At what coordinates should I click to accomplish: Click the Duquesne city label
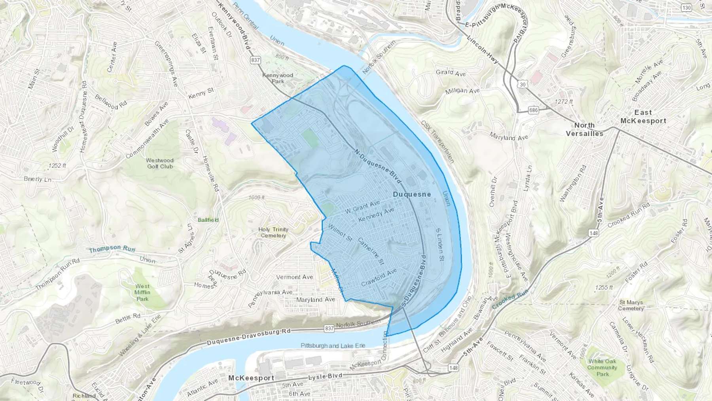[412, 194]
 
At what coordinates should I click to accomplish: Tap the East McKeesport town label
[643, 117]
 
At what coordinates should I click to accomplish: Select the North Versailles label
[584, 129]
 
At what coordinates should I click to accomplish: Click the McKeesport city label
[251, 378]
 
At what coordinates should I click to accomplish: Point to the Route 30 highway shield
[523, 84]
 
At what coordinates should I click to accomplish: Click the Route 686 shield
[533, 110]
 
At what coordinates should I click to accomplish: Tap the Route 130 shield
[686, 8]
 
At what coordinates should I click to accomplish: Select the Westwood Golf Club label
[160, 163]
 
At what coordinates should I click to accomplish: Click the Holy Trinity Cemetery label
[273, 232]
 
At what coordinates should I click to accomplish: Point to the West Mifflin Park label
[142, 292]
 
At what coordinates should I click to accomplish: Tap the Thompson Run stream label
[112, 249]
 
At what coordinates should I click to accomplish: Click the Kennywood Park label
[278, 78]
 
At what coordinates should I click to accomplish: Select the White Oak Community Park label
[602, 367]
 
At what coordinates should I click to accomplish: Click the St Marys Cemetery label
[631, 305]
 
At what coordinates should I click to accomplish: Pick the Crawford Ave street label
[379, 277]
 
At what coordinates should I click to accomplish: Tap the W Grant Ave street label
[362, 207]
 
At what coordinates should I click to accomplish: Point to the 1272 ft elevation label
[564, 102]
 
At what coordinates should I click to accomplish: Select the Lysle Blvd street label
[325, 376]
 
